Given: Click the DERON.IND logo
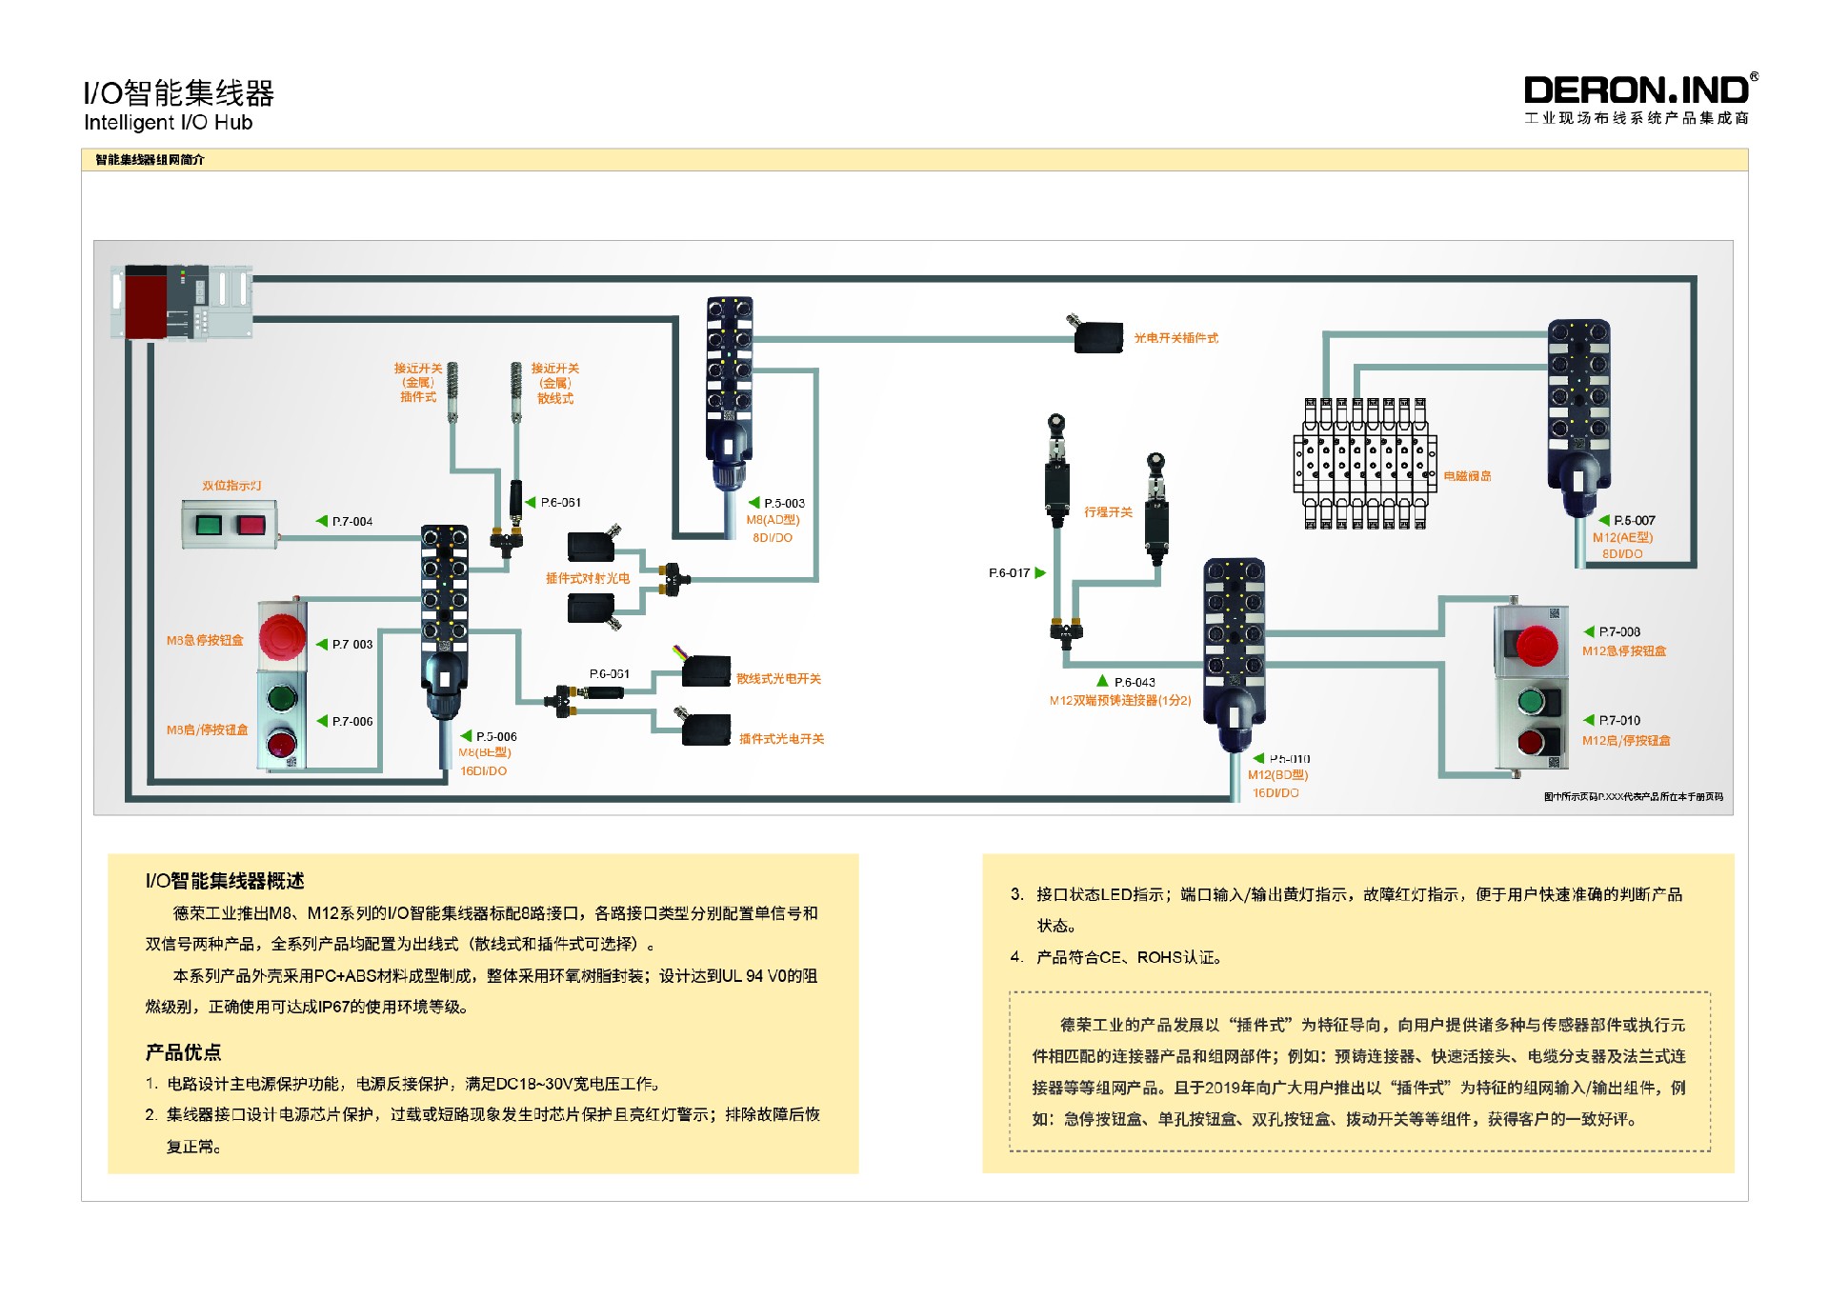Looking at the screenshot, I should [1637, 91].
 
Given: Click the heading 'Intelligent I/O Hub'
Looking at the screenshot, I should [168, 123].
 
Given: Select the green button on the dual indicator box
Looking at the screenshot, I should [209, 525].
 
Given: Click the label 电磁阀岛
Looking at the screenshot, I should [1467, 476].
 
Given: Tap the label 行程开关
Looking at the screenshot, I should [1108, 512].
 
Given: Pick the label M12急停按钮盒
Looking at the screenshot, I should [1624, 651].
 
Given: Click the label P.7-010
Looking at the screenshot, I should [1618, 721].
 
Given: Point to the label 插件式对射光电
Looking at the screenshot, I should [587, 579].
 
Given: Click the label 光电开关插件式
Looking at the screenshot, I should [1175, 338].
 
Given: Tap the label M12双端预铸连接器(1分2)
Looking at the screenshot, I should [1120, 701].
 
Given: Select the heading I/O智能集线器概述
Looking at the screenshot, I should [225, 881].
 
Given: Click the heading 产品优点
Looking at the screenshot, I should [183, 1052].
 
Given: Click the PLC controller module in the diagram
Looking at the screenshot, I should [181, 303].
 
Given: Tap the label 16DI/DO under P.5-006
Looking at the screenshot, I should [483, 771].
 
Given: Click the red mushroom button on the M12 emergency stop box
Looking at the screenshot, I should [1536, 645].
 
